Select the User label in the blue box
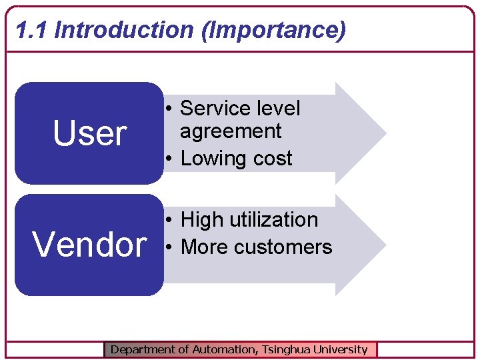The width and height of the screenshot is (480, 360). pos(89,134)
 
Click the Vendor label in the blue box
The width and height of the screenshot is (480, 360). pos(89,245)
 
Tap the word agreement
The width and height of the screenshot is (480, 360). pos(231,131)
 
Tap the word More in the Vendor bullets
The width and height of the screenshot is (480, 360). pos(203,247)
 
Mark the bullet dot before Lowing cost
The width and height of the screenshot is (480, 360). pos(170,159)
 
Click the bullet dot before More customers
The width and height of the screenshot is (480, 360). pos(170,247)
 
